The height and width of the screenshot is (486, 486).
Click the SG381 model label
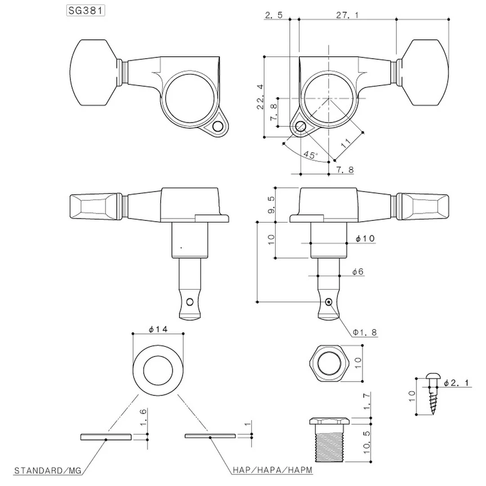click(x=85, y=11)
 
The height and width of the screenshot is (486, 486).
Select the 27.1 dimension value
click(x=347, y=15)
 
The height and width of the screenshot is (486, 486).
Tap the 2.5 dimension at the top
click(x=274, y=15)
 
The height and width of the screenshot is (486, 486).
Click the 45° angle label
click(x=310, y=154)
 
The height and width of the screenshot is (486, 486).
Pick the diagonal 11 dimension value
click(x=346, y=144)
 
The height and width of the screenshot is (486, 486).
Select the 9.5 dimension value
click(x=271, y=204)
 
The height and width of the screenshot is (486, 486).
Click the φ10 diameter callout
click(x=364, y=238)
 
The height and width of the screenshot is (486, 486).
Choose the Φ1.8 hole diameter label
click(x=365, y=333)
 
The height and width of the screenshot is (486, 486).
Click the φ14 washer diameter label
click(x=158, y=329)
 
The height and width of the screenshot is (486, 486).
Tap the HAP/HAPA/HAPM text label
click(x=272, y=471)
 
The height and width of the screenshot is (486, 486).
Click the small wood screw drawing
click(x=433, y=395)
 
